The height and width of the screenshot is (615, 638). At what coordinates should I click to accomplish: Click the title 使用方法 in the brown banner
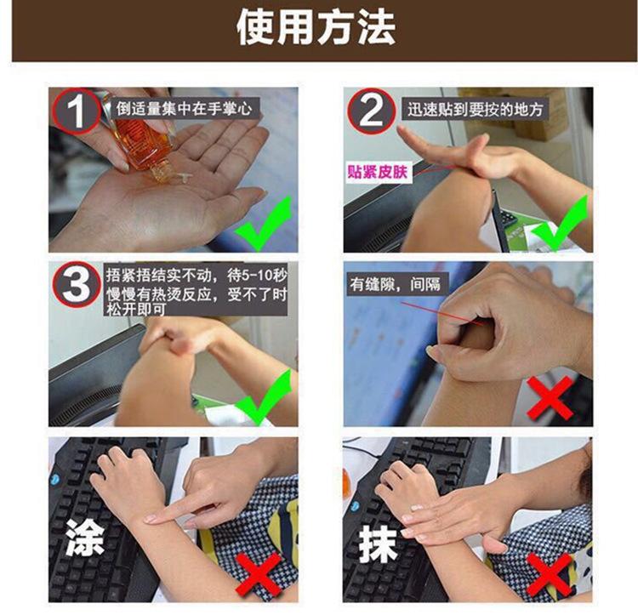coord(316,28)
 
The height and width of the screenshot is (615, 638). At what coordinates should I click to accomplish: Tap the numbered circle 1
coord(77,111)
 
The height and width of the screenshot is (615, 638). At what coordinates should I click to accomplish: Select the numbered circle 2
coord(371,111)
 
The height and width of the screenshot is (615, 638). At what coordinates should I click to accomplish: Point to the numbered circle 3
coord(76,284)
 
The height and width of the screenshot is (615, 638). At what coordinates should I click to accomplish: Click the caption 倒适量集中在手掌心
coord(185,109)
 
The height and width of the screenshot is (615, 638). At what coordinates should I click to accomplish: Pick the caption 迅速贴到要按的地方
coord(476,110)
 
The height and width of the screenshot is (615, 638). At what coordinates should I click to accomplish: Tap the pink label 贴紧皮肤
coord(377,172)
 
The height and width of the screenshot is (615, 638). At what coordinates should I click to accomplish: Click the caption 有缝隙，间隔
coord(395,284)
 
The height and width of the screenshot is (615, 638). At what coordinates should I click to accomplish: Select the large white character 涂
coord(85,538)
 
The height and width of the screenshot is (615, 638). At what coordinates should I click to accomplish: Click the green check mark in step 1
coord(264,224)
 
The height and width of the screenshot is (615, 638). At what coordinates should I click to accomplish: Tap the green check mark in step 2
coord(560,224)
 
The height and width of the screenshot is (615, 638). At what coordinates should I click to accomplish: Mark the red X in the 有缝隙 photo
coord(550,398)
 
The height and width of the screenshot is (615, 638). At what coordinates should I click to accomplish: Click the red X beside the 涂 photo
coord(259,574)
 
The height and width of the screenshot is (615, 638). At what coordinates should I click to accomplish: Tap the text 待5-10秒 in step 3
coord(257,276)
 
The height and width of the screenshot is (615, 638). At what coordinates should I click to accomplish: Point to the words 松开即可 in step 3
coord(135,310)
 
